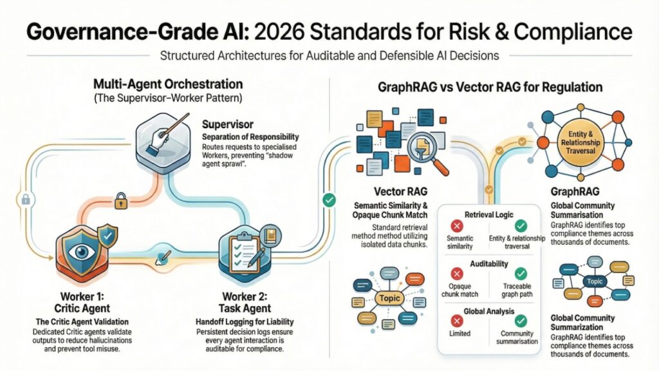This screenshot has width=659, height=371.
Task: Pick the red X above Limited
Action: [458, 320]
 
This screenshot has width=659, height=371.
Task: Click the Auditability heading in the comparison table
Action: [490, 263]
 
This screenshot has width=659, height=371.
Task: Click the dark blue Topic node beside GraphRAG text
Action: [593, 281]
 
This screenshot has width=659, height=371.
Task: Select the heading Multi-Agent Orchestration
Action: [169, 84]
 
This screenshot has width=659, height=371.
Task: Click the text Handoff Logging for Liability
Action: [246, 320]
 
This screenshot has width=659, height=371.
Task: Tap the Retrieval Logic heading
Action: [490, 214]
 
